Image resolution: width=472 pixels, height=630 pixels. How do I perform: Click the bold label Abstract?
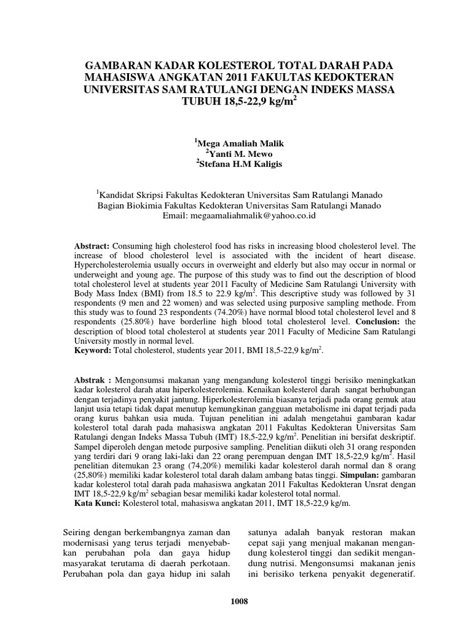click(x=92, y=245)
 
